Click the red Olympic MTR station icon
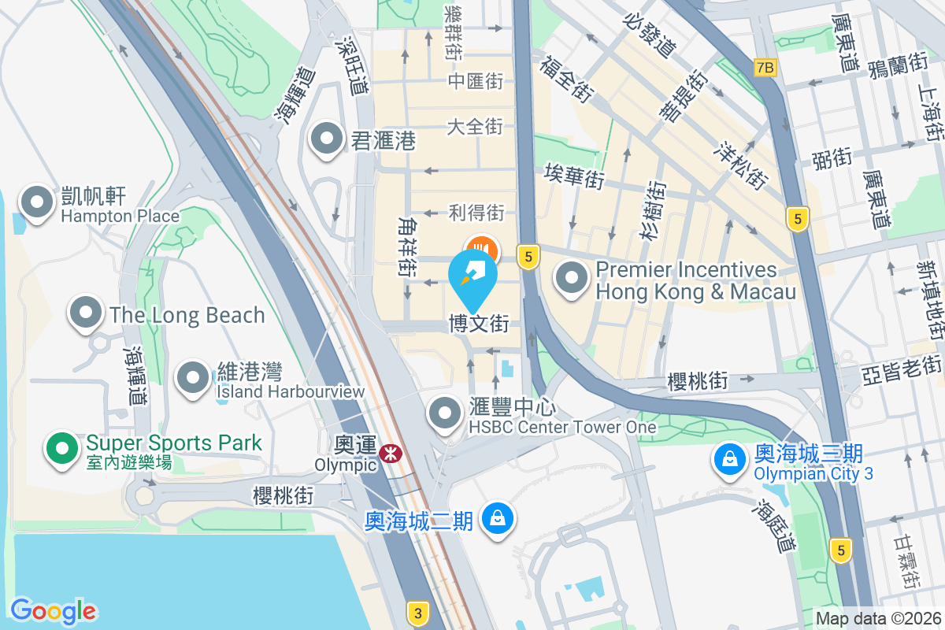point(388,454)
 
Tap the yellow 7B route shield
point(765,68)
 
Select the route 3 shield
point(418,612)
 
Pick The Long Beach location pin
point(86,314)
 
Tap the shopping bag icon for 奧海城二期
point(497,519)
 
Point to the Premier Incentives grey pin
point(572,279)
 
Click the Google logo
point(53,611)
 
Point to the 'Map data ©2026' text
point(877,618)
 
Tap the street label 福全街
point(566,78)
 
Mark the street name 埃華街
point(574,176)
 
